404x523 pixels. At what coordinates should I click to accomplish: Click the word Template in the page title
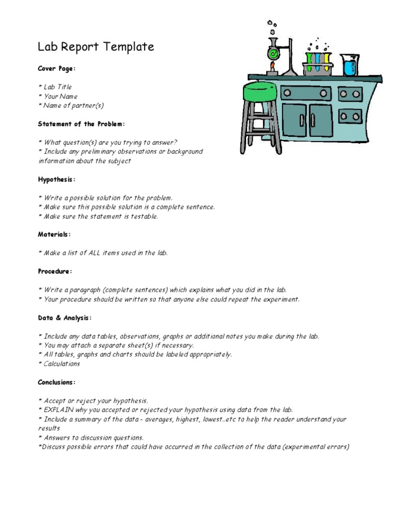click(129, 47)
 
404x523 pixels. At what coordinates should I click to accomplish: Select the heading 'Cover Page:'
click(56, 69)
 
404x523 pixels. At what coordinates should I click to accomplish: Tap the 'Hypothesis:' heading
click(56, 179)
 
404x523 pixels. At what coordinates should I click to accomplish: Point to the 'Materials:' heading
click(54, 234)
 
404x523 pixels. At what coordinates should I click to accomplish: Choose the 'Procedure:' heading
click(55, 271)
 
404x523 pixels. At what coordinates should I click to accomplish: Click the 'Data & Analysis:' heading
click(65, 318)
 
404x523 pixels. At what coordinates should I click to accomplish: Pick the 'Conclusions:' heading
click(57, 382)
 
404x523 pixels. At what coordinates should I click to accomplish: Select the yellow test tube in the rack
click(327, 62)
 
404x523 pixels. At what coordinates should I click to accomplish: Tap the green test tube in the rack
click(309, 62)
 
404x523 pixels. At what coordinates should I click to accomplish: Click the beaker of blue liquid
click(350, 65)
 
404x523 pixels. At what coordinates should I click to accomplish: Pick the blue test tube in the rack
click(318, 63)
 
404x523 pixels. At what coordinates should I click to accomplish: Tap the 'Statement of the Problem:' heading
click(81, 124)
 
